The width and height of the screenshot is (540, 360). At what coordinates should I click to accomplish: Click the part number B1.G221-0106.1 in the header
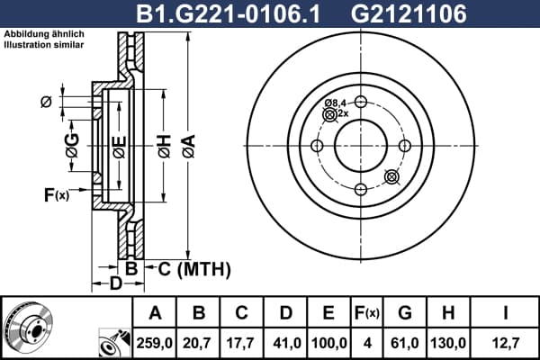[229, 13]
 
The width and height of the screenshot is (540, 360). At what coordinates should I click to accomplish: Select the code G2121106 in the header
[409, 13]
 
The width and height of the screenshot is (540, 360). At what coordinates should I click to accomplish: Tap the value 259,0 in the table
[154, 343]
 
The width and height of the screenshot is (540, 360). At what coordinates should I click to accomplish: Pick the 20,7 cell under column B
[196, 343]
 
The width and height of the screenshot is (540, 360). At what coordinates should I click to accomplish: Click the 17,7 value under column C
[240, 343]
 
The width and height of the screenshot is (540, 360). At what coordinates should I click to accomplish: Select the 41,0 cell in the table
[287, 343]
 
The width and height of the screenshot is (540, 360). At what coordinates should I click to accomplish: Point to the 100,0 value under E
[328, 343]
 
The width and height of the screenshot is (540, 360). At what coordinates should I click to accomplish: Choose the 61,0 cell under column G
[405, 343]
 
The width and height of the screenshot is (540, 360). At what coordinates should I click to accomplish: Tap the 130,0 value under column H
[448, 343]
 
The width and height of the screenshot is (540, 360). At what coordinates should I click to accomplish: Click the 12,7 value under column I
[506, 343]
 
